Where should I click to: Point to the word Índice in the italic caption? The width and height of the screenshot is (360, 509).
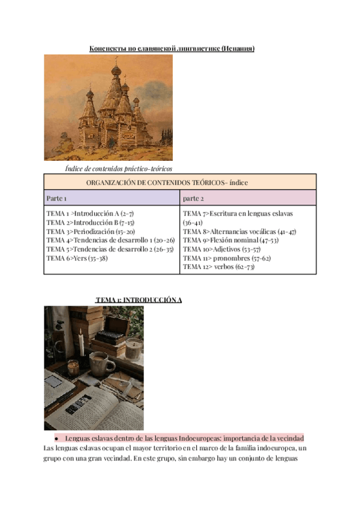click(x=75, y=169)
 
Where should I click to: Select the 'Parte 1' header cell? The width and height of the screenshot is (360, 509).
click(x=56, y=197)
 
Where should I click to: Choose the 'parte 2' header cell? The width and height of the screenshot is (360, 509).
click(x=193, y=197)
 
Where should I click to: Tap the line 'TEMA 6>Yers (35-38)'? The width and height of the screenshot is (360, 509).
click(x=78, y=258)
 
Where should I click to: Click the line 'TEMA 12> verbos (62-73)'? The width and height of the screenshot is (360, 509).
click(x=218, y=267)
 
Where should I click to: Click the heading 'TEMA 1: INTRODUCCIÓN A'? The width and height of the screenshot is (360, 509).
click(x=139, y=300)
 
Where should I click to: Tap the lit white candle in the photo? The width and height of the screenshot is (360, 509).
click(x=80, y=345)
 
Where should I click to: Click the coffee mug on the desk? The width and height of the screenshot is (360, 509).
click(x=99, y=363)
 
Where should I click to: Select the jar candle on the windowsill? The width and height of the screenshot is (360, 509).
click(x=133, y=348)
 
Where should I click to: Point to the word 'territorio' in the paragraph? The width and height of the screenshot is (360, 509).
click(x=166, y=448)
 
